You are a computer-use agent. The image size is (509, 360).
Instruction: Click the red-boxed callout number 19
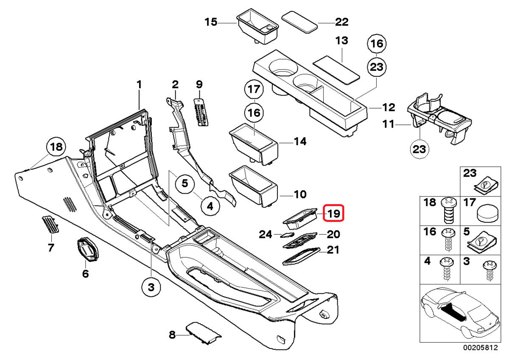tap(333, 213)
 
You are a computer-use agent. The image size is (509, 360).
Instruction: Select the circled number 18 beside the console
tap(56, 148)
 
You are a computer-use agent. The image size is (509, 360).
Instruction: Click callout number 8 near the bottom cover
tap(172, 335)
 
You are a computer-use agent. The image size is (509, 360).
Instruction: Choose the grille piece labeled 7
tap(50, 224)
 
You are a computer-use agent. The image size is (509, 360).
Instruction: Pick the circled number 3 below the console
tap(151, 288)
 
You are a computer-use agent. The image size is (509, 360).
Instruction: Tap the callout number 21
tap(333, 250)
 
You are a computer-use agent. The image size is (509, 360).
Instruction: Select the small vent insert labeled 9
tap(201, 111)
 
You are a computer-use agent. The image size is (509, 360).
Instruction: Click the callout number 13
tap(341, 41)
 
